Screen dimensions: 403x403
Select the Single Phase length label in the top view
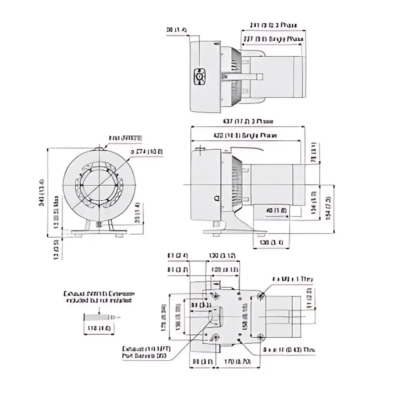coord(273,39)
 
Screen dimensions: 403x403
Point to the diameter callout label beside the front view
coord(146,152)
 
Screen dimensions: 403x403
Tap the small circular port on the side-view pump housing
coord(217,198)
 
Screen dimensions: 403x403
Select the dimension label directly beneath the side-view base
coord(268,242)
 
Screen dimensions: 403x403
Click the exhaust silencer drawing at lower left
coord(99,317)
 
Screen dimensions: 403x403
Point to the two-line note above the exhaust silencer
coord(99,297)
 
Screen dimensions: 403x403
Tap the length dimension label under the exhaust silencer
coord(99,329)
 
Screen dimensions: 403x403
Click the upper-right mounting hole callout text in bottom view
coord(293,279)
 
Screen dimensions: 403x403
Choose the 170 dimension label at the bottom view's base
coord(234,361)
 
